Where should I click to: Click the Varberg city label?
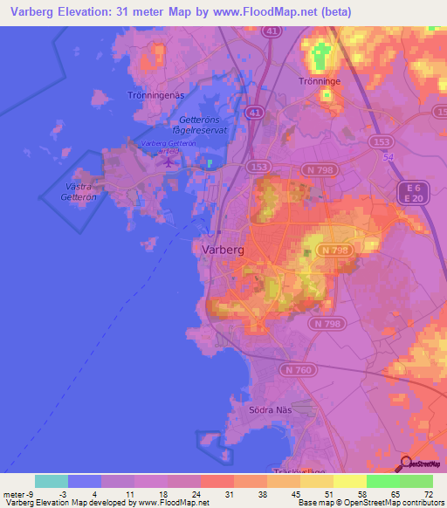(222, 249)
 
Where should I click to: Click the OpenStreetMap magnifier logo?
(407, 464)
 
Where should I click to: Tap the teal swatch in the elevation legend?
(52, 481)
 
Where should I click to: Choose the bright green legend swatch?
(382, 481)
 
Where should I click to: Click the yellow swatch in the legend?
(349, 481)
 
